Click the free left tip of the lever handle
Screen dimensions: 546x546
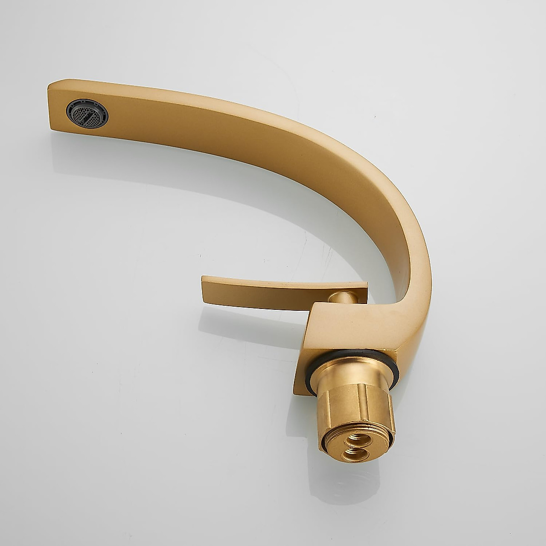pos(203,280)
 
